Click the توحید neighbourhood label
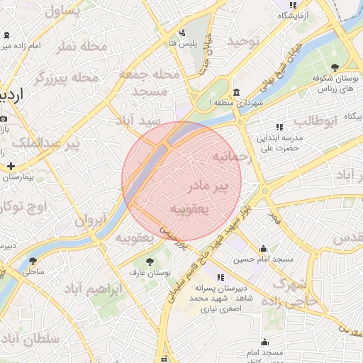pyautogui.click(x=243, y=42)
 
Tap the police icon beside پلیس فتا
pyautogui.click(x=182, y=32)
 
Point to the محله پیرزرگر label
pyautogui.click(x=65, y=77)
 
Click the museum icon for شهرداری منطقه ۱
pyautogui.click(x=236, y=93)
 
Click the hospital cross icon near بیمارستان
pyautogui.click(x=11, y=166)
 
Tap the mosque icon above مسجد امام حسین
pyautogui.click(x=264, y=249)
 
